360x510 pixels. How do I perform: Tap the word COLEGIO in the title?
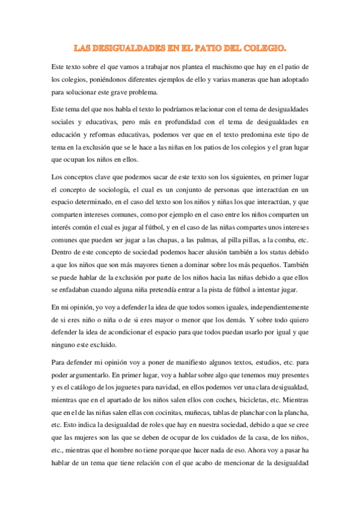(263, 46)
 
